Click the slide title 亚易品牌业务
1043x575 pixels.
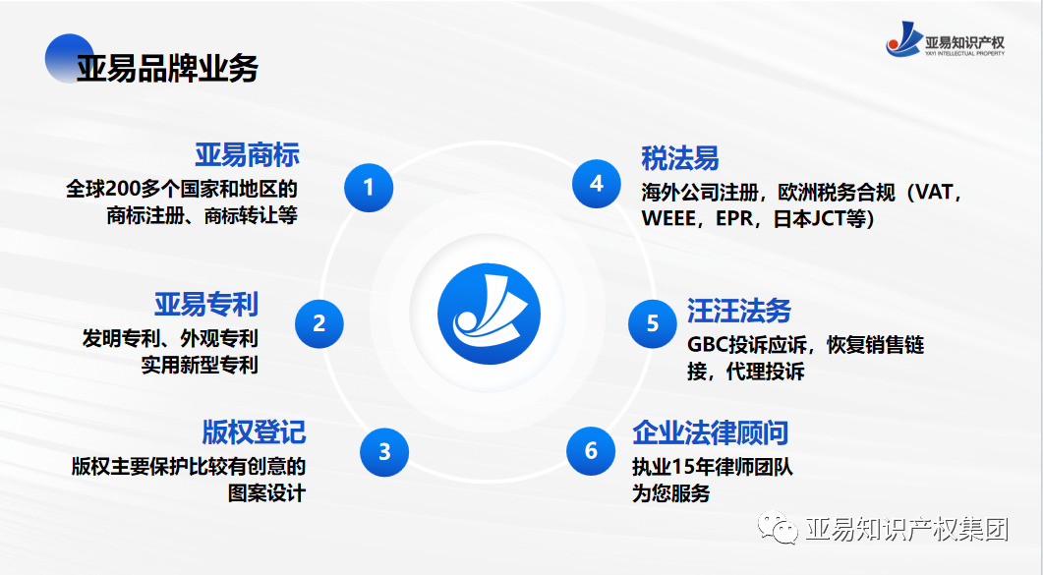168,68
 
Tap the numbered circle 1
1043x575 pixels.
369,186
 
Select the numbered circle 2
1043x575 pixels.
319,322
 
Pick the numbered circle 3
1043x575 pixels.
384,451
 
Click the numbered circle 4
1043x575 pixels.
597,184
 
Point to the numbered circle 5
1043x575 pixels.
653,322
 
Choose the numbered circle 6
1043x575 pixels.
591,450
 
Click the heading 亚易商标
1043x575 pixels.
247,155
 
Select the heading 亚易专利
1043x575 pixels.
205,304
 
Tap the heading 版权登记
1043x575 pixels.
254,431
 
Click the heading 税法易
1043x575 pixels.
680,158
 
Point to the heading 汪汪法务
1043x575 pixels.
739,311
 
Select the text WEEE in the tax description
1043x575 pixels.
668,218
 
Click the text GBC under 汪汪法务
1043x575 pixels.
707,345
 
